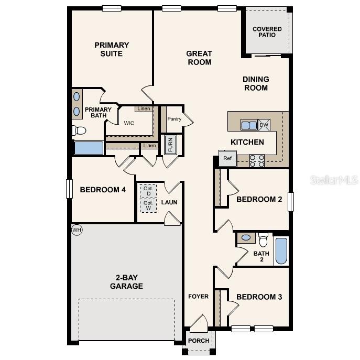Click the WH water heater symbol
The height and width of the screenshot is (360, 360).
[x=77, y=230]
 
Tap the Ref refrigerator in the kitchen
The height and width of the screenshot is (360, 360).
[x=227, y=159]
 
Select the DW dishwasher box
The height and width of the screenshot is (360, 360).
[x=264, y=125]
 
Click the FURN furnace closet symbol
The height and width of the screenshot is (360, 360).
[x=170, y=145]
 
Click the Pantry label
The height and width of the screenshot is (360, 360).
[x=174, y=119]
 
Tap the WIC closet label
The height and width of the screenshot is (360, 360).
[x=129, y=124]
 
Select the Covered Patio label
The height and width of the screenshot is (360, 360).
[x=267, y=32]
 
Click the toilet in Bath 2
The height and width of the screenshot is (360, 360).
[x=263, y=239]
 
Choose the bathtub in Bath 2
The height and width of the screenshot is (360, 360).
[x=281, y=251]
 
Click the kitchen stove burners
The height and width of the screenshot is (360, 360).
[x=257, y=160]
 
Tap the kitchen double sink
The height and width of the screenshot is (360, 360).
[x=249, y=125]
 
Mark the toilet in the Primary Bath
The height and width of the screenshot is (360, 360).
[x=79, y=130]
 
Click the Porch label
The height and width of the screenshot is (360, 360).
[x=199, y=341]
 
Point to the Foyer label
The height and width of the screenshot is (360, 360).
[x=199, y=297]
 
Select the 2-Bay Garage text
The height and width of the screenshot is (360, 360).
[x=126, y=282]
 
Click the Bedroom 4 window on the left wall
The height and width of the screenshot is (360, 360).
[x=69, y=189]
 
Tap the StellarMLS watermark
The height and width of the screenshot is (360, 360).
[x=334, y=180]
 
